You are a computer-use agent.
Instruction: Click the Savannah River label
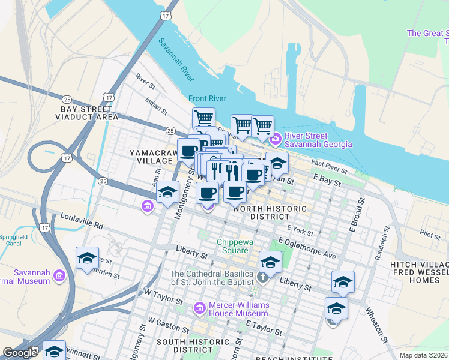pos(176,59)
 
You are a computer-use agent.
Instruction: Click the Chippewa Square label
pos(232,246)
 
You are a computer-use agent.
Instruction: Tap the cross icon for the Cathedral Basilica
pos(262,277)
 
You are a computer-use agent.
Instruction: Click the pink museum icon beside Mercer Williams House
pos(199,308)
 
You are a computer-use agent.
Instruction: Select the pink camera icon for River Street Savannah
pos(276,140)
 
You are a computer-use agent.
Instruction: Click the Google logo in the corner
pos(20,353)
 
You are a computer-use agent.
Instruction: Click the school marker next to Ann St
pos(167,192)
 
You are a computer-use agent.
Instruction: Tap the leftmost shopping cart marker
pos(203,117)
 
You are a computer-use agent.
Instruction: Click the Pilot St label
pos(430,235)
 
